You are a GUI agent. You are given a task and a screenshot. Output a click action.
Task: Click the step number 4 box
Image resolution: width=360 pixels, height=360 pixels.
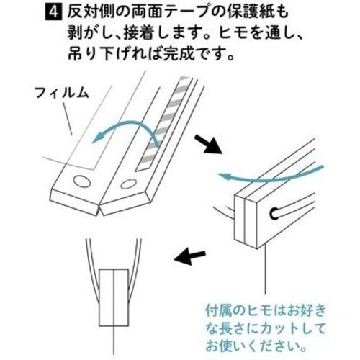pos(53,12)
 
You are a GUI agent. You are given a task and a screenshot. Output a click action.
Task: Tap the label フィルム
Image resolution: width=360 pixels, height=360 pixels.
pos(62,92)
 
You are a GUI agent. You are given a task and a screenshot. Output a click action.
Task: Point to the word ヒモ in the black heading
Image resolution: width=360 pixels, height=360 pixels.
pos(233,34)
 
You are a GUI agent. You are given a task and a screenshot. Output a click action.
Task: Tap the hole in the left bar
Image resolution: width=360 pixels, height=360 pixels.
pos(81,181)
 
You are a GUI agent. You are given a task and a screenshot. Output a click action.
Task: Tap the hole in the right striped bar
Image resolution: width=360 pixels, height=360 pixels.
pos(127,184)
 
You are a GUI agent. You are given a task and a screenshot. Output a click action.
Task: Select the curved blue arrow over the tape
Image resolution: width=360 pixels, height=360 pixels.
pos(125,124)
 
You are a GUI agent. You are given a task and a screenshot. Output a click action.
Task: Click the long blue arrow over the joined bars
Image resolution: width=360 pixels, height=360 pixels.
pos(271,177)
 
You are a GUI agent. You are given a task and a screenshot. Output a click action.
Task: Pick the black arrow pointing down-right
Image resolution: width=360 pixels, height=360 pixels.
pos(207,144)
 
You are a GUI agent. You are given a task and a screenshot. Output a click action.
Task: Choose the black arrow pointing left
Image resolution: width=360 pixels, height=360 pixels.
pos(189,257)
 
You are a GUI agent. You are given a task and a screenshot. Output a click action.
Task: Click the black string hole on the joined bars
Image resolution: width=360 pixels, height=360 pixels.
pos(274,214)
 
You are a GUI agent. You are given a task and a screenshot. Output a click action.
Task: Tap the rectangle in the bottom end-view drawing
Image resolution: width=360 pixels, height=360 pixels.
pos(114,297)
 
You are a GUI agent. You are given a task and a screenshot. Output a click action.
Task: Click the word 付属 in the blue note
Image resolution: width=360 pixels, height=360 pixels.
pos(218,311)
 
